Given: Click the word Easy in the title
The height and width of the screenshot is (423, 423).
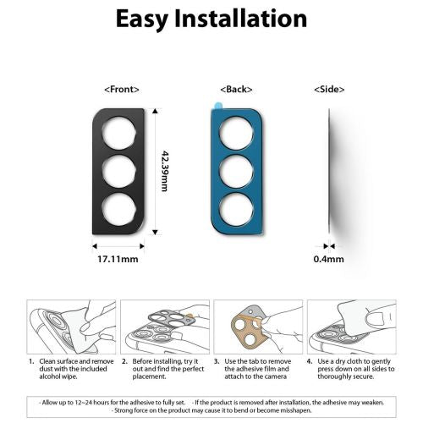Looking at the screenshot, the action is click(x=142, y=19).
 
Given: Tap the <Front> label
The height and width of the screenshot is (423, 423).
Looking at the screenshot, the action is click(x=122, y=90).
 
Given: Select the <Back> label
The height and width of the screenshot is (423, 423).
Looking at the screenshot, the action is click(x=236, y=90).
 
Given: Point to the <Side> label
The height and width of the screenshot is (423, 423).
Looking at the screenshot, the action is click(x=329, y=90).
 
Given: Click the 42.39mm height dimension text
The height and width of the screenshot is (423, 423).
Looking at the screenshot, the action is click(x=165, y=171).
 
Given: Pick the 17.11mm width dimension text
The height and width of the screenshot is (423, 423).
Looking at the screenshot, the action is click(x=118, y=259).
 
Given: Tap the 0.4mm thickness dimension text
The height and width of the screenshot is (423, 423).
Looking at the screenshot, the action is click(x=329, y=259).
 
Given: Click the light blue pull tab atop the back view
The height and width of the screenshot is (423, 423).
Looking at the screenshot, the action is click(x=217, y=106).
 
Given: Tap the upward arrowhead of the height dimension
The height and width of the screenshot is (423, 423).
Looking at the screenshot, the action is click(x=155, y=111).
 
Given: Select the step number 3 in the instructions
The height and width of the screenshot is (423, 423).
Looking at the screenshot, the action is click(x=217, y=361).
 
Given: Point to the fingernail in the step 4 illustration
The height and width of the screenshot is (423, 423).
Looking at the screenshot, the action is click(x=376, y=318).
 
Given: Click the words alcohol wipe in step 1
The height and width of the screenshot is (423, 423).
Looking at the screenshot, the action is click(x=58, y=376).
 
